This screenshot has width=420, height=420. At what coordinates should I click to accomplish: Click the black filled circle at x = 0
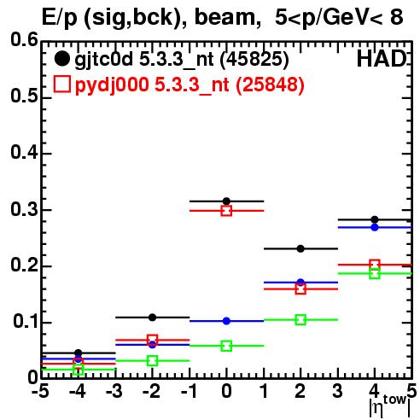click(x=226, y=201)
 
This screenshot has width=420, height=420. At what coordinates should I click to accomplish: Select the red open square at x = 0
click(x=226, y=211)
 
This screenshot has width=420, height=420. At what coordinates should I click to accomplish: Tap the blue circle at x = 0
click(x=226, y=321)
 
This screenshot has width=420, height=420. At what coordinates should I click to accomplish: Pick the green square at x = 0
click(x=226, y=346)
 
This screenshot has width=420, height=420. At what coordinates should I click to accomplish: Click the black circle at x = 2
click(x=300, y=248)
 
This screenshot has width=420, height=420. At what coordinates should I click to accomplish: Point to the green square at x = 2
click(x=300, y=319)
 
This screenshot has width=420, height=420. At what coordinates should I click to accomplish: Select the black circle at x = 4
click(x=375, y=219)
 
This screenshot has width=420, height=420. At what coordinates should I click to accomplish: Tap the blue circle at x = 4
click(x=375, y=227)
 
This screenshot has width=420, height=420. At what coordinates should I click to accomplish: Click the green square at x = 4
click(x=375, y=274)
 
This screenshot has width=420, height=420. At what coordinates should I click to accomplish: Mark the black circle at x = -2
click(x=152, y=318)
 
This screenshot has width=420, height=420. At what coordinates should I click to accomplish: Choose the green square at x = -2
click(x=152, y=361)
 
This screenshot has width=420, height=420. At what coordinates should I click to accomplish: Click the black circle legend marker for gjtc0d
click(x=62, y=59)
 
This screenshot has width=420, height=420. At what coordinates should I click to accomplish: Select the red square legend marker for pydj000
click(x=62, y=85)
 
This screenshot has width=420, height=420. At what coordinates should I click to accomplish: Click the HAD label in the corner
click(x=382, y=59)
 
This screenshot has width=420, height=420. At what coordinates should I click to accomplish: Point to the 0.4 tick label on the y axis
click(x=24, y=153)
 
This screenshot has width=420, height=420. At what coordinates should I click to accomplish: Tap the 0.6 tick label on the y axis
click(x=24, y=40)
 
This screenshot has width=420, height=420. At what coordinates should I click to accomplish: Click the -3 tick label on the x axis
click(x=114, y=391)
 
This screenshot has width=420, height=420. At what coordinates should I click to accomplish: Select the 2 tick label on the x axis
click(x=300, y=391)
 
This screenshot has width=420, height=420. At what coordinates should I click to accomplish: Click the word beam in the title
click(x=224, y=17)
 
